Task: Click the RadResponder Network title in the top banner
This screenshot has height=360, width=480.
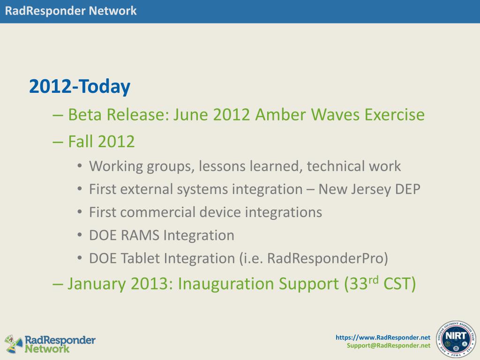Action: coord(71,11)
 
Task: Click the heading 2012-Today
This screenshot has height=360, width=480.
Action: coord(80,87)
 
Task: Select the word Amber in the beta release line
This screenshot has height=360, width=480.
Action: coord(281,115)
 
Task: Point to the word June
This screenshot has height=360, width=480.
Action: coord(191,115)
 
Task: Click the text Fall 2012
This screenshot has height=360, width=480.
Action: coord(101,142)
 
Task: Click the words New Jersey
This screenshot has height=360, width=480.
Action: coord(354,189)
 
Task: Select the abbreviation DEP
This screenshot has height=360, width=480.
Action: coord(407,189)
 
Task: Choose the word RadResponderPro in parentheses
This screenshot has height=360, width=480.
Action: coord(325,258)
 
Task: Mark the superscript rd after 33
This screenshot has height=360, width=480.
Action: coord(373,279)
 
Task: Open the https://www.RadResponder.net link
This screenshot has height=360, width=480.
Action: coord(383,337)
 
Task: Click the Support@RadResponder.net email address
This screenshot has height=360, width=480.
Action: coord(389,345)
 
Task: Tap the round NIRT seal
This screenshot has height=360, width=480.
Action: coord(456,340)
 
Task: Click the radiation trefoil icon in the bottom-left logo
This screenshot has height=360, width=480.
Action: coord(14,344)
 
